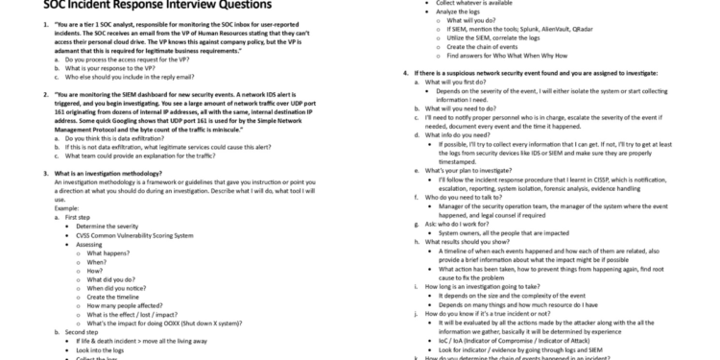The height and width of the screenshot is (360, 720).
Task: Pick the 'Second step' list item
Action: (x=86, y=331)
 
